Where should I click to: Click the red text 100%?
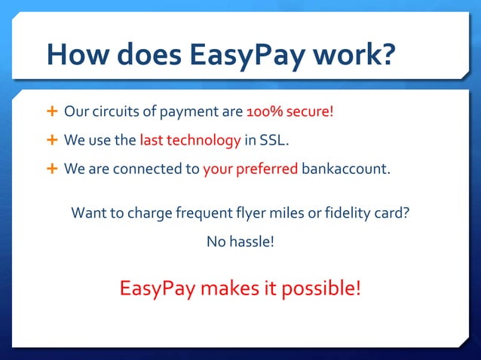pyautogui.click(x=265, y=112)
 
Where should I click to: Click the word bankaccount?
pyautogui.click(x=347, y=168)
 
